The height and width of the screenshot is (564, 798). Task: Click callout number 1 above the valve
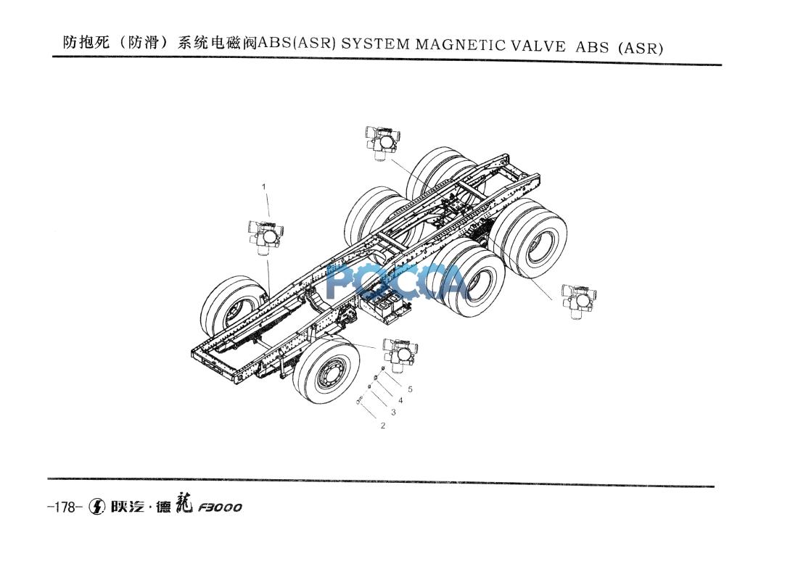point(263,187)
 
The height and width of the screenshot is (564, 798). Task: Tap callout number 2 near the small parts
point(383,426)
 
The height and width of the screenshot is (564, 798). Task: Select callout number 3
point(393,412)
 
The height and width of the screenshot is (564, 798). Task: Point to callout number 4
point(400,401)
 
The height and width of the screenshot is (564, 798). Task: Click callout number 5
point(410,389)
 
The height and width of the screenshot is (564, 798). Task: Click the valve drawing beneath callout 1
point(266,238)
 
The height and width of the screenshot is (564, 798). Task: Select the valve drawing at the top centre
point(382,144)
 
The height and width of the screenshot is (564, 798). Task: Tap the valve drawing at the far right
point(579,302)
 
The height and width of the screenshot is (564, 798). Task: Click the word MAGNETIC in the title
point(461,45)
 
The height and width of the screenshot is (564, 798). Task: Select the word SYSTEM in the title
point(376,44)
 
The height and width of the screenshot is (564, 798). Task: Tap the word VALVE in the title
point(538,46)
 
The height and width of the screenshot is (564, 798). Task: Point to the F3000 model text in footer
point(220,507)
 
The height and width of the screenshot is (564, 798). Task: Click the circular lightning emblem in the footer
point(96,507)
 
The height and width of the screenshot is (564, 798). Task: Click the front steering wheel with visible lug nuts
point(326,370)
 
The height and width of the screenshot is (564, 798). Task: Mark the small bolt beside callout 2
point(361,401)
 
